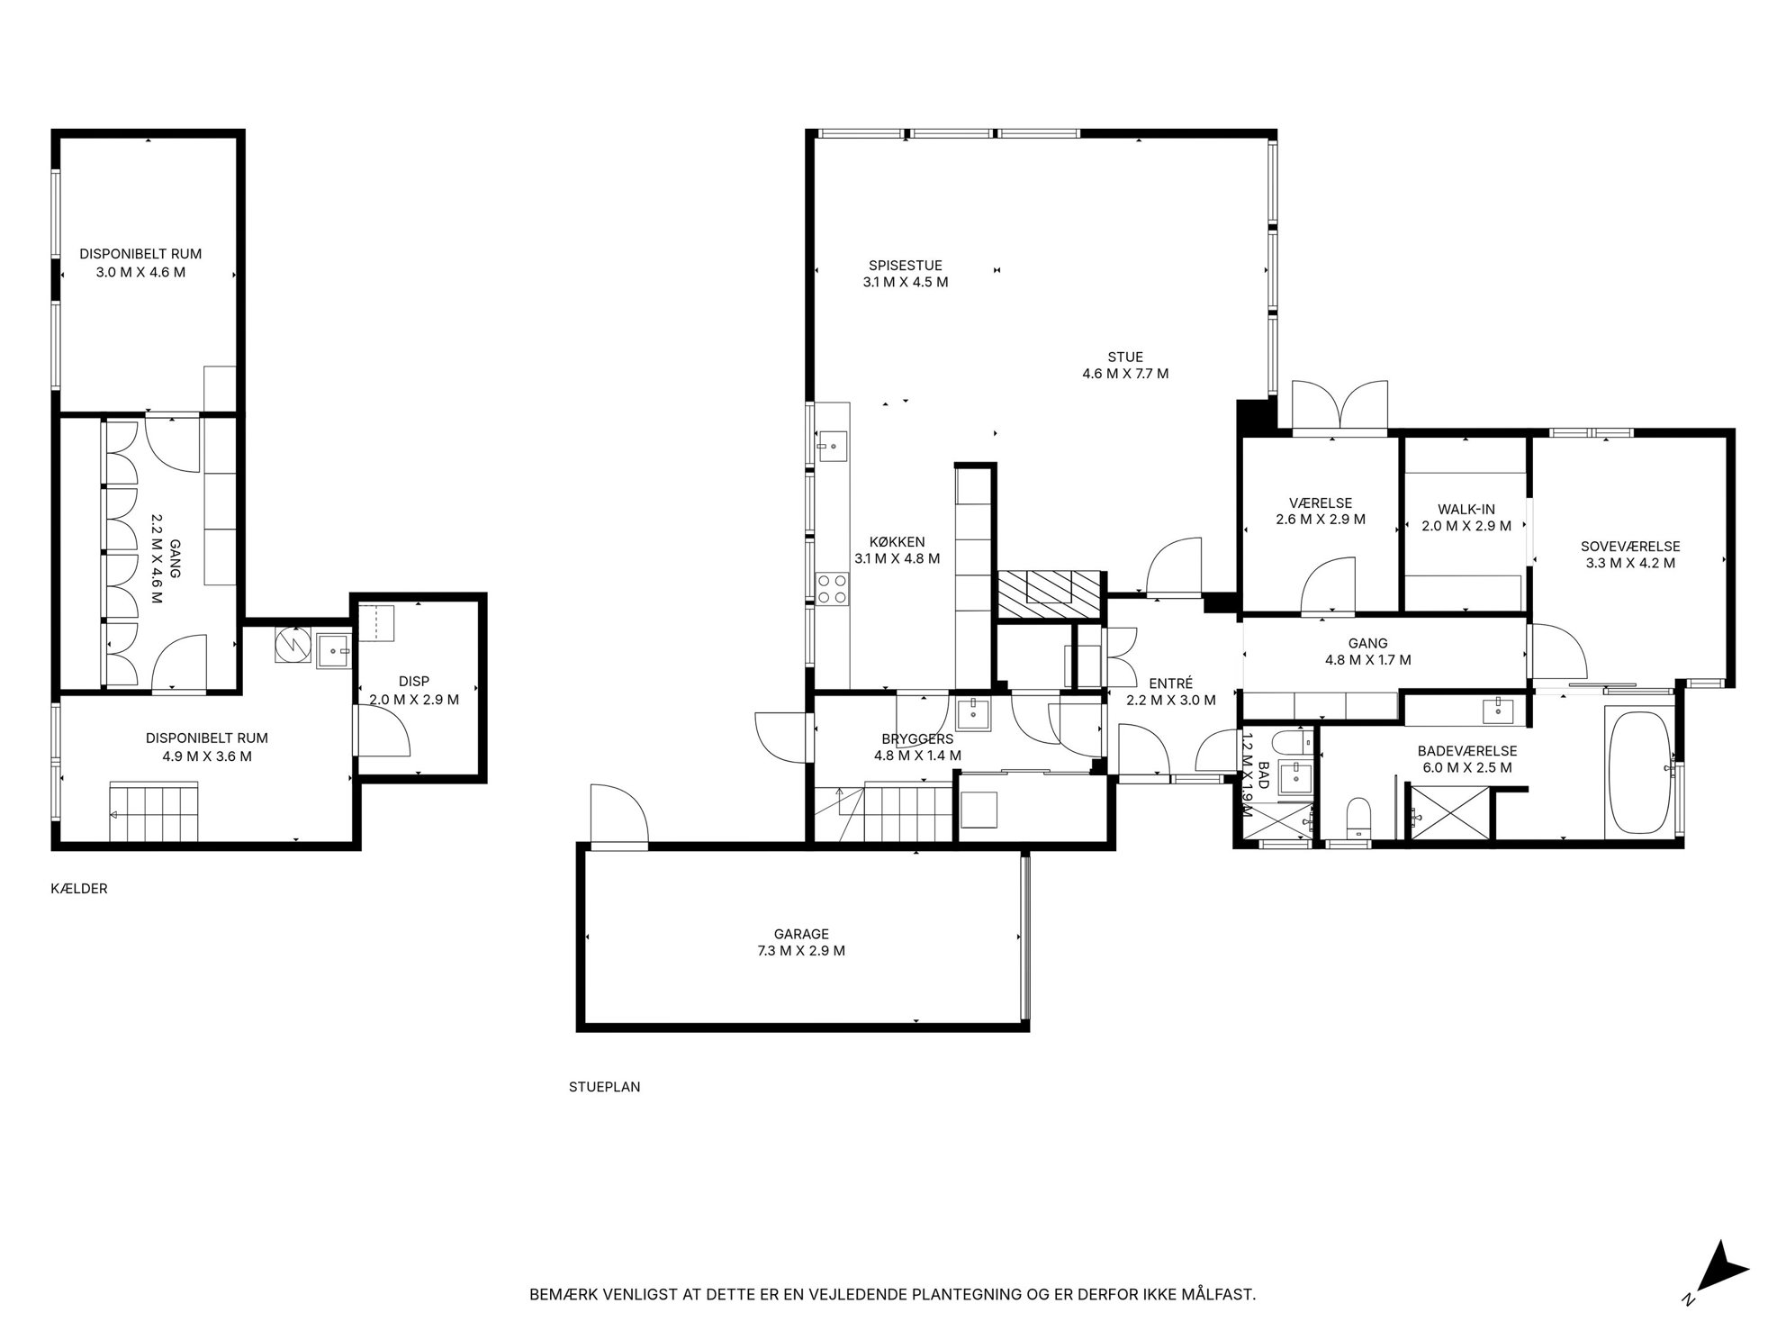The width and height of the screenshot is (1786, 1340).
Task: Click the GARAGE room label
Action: click(x=800, y=934)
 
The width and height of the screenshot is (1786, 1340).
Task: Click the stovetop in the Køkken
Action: click(x=831, y=588)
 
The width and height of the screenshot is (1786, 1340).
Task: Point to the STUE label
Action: click(x=1125, y=357)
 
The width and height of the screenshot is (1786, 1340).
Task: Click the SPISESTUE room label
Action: click(x=905, y=266)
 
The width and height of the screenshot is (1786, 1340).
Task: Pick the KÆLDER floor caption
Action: click(x=79, y=889)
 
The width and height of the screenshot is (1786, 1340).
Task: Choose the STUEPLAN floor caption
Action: click(x=604, y=1087)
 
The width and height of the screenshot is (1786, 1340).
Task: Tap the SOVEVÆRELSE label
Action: click(x=1630, y=547)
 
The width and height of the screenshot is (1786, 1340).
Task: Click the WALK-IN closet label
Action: click(x=1466, y=510)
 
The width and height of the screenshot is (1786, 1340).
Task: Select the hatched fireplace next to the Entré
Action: click(x=1050, y=594)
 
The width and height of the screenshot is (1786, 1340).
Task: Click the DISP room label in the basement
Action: click(x=414, y=682)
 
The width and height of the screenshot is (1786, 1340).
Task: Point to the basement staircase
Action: click(x=154, y=813)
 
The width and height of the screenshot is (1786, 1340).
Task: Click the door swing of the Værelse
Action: click(x=1329, y=585)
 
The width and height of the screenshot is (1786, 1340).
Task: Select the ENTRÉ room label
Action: click(x=1171, y=684)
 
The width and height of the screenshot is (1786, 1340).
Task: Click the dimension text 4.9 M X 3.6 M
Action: click(x=207, y=756)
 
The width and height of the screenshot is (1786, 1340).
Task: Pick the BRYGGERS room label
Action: click(x=917, y=739)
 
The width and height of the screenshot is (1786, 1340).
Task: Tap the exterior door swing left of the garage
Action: click(x=619, y=815)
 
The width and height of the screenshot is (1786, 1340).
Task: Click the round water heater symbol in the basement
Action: click(x=293, y=643)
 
